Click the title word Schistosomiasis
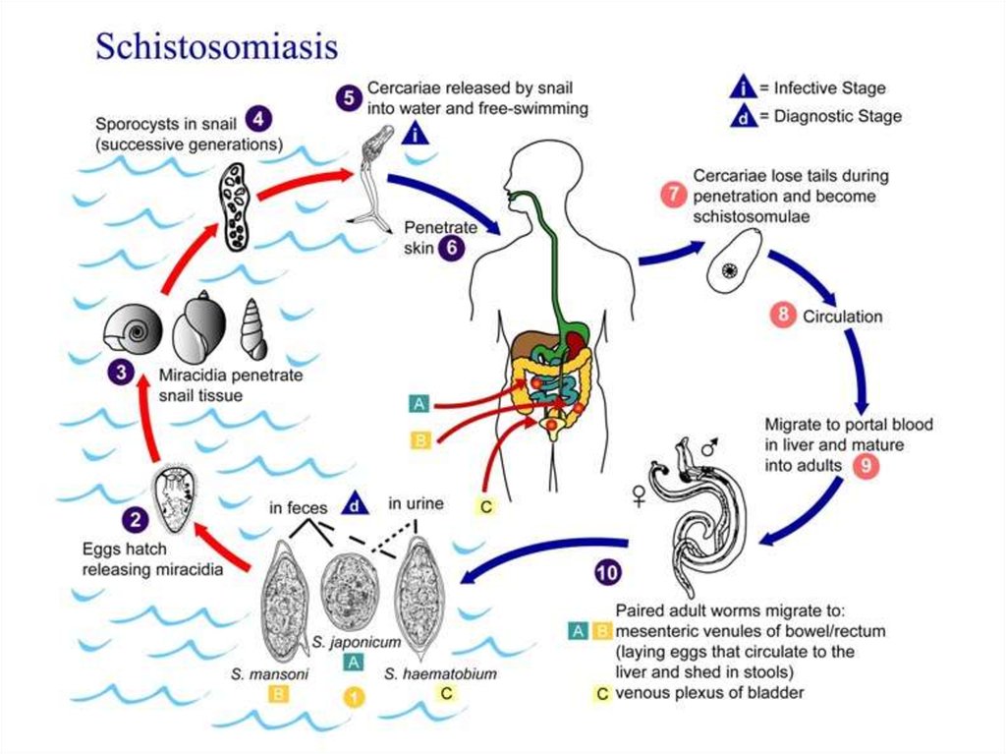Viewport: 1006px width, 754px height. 217,46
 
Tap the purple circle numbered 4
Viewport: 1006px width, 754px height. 258,119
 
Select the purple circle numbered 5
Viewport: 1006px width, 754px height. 349,97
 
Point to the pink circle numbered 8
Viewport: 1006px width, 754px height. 783,315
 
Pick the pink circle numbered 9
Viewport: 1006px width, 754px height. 866,465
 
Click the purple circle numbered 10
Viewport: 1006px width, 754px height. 608,571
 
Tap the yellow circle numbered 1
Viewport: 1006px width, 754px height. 354,697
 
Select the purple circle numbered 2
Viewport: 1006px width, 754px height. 136,519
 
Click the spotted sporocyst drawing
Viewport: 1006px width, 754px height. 234,205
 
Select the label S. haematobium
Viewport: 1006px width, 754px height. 441,673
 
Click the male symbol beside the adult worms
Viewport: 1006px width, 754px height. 709,445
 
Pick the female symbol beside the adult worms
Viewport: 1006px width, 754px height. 639,495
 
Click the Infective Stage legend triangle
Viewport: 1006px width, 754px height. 744,87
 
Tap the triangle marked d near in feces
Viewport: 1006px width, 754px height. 355,504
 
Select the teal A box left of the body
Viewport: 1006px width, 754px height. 419,404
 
